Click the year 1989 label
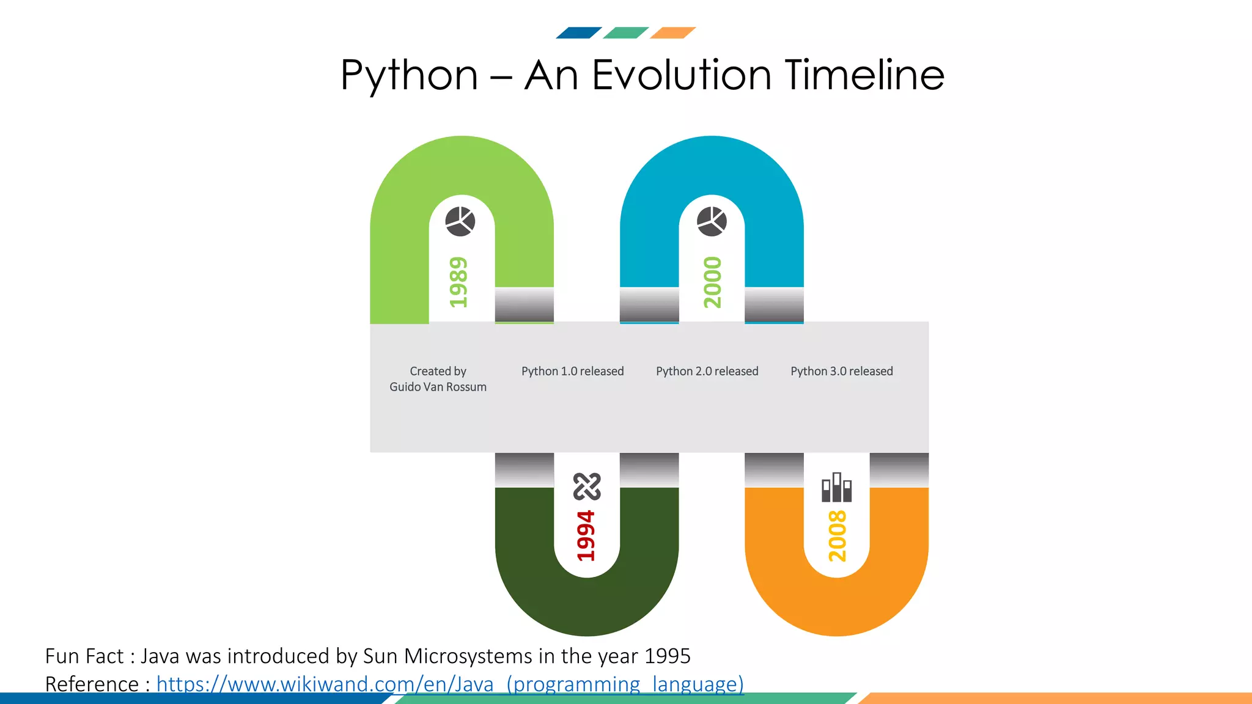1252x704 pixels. (x=458, y=282)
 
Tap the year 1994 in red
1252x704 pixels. (x=586, y=535)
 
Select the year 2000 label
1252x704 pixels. (x=713, y=282)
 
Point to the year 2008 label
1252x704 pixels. (x=838, y=536)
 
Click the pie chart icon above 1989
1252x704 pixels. (x=460, y=221)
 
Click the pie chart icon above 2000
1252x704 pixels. (x=712, y=221)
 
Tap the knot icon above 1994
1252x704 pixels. (x=587, y=486)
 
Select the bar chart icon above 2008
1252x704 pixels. (x=836, y=487)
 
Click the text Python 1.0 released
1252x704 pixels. (x=572, y=372)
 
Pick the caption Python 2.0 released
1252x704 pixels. (x=707, y=372)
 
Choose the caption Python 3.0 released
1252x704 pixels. (x=841, y=372)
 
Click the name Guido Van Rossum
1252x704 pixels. (x=438, y=387)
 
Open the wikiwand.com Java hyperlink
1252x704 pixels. (x=450, y=684)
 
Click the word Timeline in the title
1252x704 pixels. (x=864, y=75)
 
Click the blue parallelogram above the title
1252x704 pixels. (x=578, y=33)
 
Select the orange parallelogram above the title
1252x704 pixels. (x=672, y=33)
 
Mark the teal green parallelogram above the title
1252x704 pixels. (x=625, y=33)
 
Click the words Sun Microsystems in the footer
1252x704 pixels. (x=447, y=656)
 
